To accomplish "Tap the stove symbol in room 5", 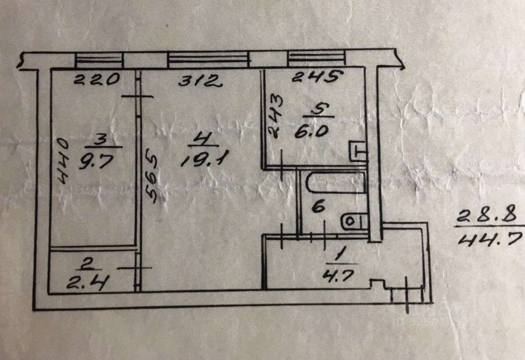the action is (358, 151).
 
